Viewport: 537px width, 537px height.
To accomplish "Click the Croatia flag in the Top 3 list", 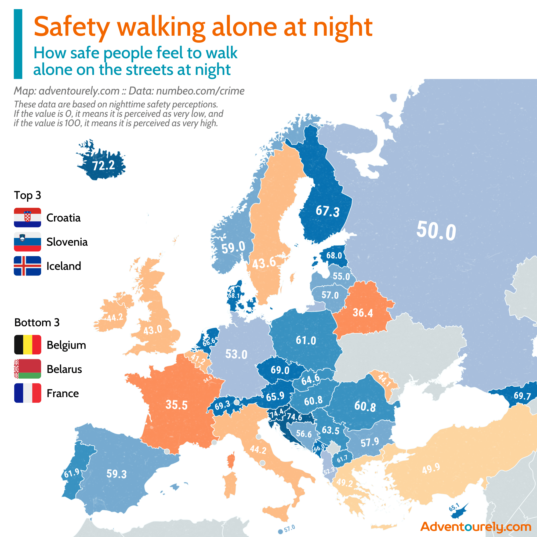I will (x=27, y=217).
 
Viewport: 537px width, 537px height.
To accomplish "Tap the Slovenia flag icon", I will (x=27, y=242).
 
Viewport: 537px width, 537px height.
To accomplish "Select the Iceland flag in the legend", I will (x=27, y=266).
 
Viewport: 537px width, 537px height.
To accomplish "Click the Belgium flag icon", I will (x=27, y=345).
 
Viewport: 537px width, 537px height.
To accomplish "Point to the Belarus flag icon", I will (x=27, y=369).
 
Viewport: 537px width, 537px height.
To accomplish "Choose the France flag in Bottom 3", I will (x=27, y=393).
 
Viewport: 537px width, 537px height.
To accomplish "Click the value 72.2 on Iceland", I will (x=103, y=166).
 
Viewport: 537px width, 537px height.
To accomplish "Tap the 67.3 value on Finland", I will (x=328, y=211).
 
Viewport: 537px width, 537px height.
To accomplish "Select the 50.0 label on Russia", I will (x=436, y=231).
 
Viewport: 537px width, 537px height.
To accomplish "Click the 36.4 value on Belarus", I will (x=363, y=313).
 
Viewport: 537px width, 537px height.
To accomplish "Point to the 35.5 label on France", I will (x=176, y=405).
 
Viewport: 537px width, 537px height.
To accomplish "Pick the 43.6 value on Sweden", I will (x=264, y=263).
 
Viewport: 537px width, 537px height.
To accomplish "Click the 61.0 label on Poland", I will (x=306, y=340).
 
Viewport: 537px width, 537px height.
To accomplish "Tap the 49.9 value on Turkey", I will (x=431, y=469).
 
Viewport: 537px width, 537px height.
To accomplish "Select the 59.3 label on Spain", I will (x=117, y=474).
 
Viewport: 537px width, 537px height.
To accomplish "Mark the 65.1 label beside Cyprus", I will (x=454, y=507).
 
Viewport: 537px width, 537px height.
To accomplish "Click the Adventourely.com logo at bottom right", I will (x=476, y=527).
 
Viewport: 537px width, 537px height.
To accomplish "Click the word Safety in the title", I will (x=72, y=27).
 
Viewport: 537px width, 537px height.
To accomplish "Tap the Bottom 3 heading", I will (x=37, y=322).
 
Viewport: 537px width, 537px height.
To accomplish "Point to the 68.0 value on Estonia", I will (x=334, y=255).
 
